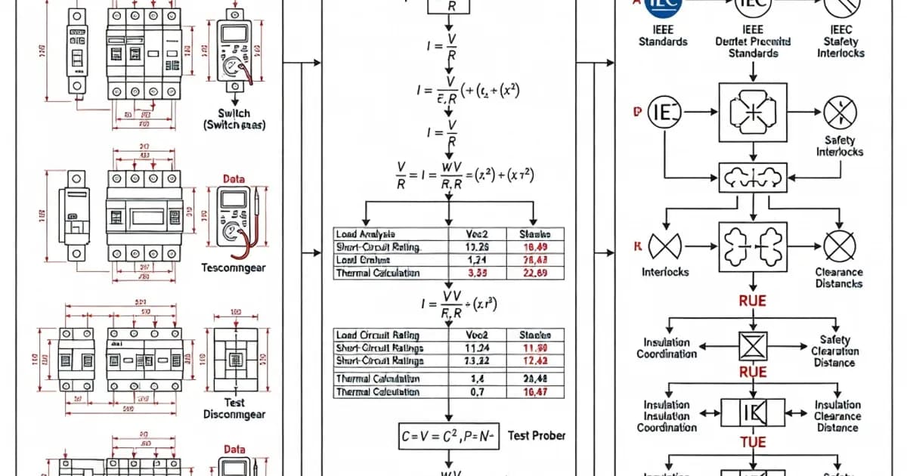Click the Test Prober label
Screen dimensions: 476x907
[537, 435]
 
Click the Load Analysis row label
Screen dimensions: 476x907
[366, 234]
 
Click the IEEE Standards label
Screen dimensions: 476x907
[662, 35]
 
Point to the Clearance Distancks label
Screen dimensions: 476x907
[839, 277]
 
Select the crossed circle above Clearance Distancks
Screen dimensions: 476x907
[839, 246]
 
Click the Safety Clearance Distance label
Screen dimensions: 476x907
[834, 351]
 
